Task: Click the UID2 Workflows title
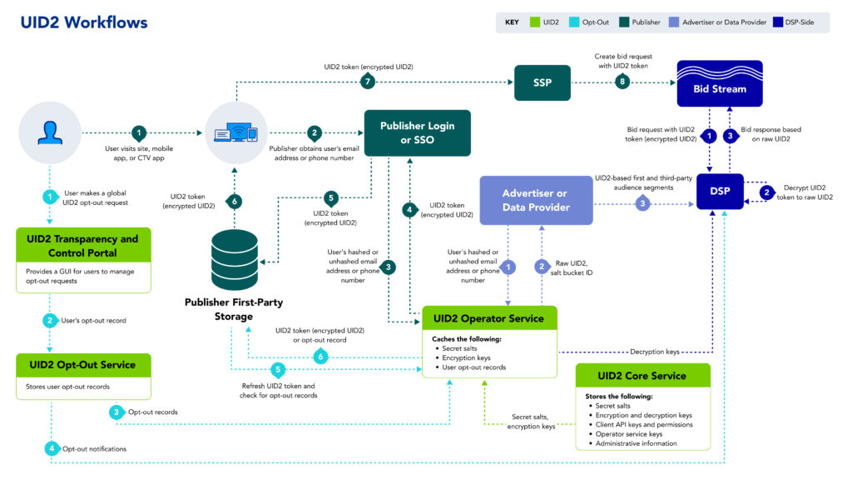[84, 22]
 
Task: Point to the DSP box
[720, 192]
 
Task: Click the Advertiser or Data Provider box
[536, 200]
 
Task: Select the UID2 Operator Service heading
[489, 318]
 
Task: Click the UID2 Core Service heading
[643, 375]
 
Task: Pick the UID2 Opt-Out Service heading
[83, 364]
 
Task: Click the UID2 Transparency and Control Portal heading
[83, 245]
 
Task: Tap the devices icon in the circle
[234, 132]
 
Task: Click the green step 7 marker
[367, 82]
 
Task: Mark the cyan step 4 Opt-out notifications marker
[52, 448]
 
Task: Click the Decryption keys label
[654, 352]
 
